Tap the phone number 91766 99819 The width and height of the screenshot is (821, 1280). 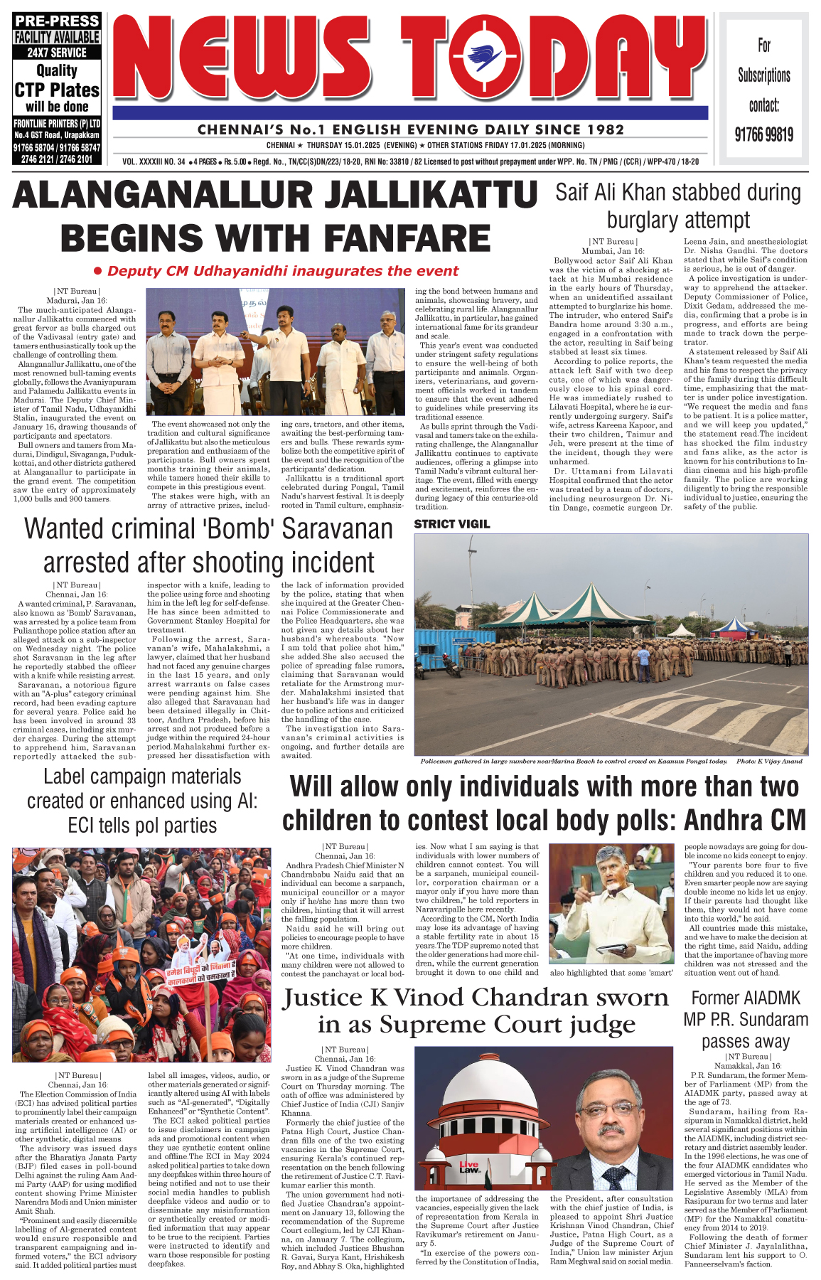(x=764, y=134)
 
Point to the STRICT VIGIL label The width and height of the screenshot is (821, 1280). (x=452, y=524)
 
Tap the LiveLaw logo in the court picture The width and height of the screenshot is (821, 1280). (x=469, y=1167)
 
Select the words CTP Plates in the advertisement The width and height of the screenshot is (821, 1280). (x=57, y=90)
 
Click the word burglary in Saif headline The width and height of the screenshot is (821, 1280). (x=647, y=220)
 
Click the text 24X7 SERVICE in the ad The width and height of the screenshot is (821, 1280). (x=57, y=53)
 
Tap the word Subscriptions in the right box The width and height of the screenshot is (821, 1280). (x=764, y=75)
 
